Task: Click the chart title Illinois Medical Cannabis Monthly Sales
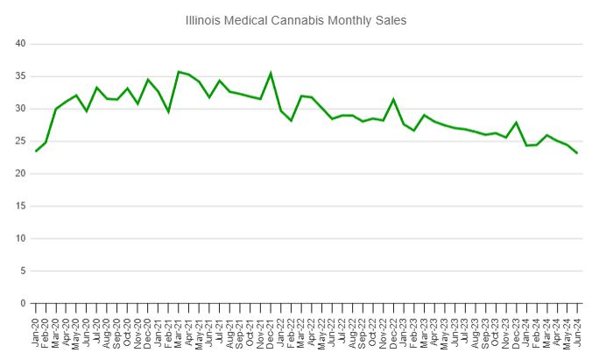tap(296, 19)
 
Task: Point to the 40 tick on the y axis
tap(20, 44)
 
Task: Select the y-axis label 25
tap(20, 141)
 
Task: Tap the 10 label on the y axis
tap(20, 238)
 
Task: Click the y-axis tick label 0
tap(24, 303)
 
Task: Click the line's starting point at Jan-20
tap(36, 151)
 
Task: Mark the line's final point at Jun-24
tap(576, 152)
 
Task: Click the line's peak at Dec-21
tap(271, 73)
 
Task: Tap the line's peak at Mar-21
tap(179, 72)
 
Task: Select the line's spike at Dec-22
tap(393, 99)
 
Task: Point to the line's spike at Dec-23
tap(516, 123)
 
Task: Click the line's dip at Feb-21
tap(168, 111)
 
